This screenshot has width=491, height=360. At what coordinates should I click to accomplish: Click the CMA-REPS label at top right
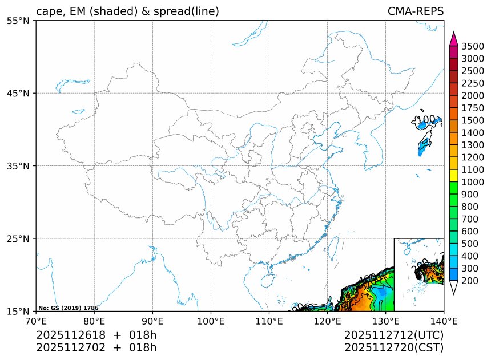415,11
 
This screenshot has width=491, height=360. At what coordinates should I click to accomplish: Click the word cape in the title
47,11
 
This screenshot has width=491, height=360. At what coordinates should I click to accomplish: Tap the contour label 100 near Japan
427,120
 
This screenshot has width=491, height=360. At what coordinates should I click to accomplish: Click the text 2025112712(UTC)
394,335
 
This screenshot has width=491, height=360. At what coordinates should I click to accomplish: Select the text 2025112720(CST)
394,347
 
